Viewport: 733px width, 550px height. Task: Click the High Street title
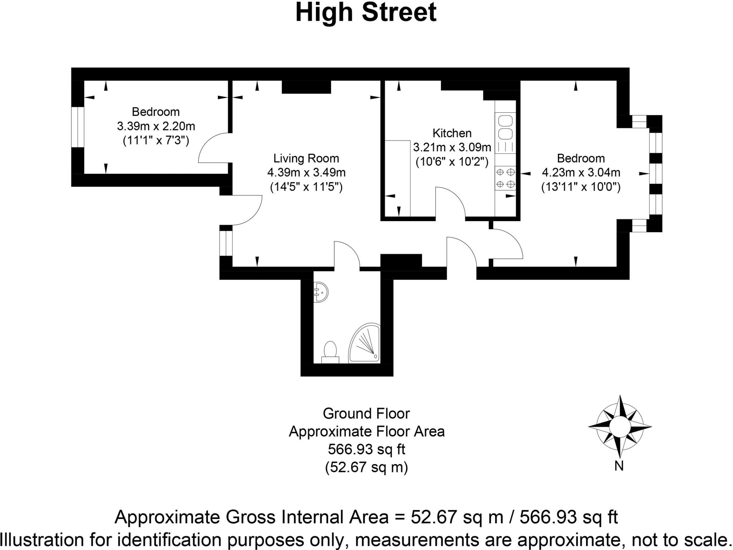tap(366, 13)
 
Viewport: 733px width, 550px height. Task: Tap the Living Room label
tap(306, 158)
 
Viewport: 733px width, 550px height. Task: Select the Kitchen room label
tap(452, 133)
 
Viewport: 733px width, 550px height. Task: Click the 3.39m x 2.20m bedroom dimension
tap(156, 126)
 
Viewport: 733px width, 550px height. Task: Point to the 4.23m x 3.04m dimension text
tap(581, 172)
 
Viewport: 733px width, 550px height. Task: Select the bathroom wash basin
tap(320, 292)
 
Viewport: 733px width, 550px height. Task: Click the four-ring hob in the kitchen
tap(505, 178)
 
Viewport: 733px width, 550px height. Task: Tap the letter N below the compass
tap(619, 466)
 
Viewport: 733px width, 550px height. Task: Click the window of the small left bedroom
tap(77, 127)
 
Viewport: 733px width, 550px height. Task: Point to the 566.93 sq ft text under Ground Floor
tap(366, 449)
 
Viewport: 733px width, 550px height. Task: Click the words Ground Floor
tap(366, 414)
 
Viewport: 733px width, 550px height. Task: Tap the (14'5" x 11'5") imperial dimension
tap(306, 187)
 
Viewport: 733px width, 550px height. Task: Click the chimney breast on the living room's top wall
tap(306, 87)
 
